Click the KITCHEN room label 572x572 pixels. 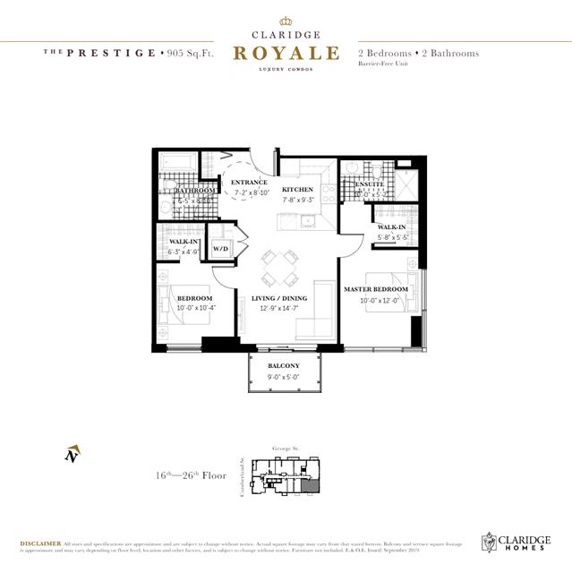click(298, 191)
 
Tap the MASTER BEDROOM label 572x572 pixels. click(376, 289)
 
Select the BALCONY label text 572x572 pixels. click(284, 366)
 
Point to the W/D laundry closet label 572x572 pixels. click(220, 249)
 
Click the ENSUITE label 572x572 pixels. click(369, 184)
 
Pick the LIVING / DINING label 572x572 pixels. click(278, 298)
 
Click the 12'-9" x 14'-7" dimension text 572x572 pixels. click(278, 308)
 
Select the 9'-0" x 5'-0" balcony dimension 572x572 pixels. click(284, 377)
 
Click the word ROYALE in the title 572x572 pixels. click(286, 53)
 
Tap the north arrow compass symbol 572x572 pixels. click(72, 454)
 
